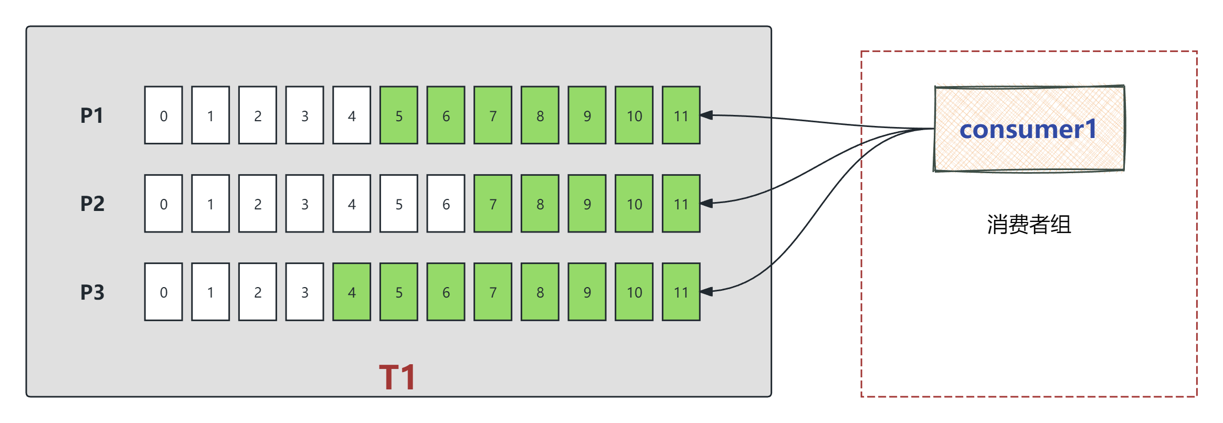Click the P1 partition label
point(92,115)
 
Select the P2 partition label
point(92,204)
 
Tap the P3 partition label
point(92,292)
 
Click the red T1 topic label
point(397,377)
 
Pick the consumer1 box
point(1029,129)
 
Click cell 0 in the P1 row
point(164,115)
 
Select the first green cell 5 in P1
point(399,115)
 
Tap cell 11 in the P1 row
point(681,115)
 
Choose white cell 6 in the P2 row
point(446,204)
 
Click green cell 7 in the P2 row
point(493,204)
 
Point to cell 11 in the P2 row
point(681,204)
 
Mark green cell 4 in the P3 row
point(352,292)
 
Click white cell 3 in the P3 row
point(304,292)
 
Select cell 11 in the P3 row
point(681,292)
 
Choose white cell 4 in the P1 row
point(352,115)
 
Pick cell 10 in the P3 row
point(634,292)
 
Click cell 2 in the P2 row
point(258,204)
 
